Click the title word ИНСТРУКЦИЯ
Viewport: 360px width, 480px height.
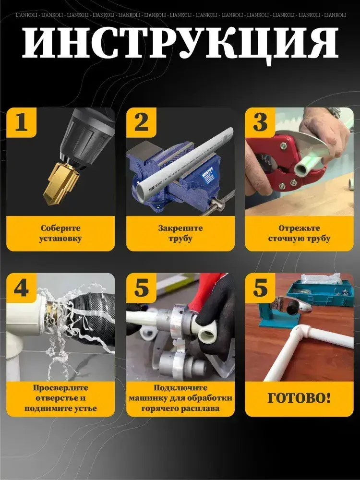point(180,44)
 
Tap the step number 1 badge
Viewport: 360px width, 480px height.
point(22,122)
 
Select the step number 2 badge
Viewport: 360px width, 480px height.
point(141,122)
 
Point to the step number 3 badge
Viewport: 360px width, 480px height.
point(260,122)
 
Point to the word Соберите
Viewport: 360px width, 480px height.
point(60,228)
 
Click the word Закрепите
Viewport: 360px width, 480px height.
point(180,228)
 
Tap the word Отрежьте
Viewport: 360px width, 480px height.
point(295,228)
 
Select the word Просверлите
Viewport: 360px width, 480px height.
point(60,388)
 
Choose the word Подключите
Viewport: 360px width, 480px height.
point(180,388)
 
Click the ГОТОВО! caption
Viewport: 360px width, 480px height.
point(299,398)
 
